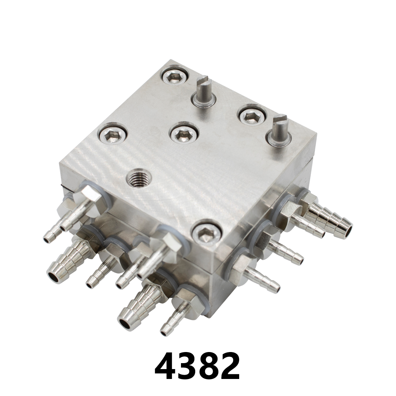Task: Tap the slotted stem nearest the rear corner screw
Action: click(204, 91)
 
